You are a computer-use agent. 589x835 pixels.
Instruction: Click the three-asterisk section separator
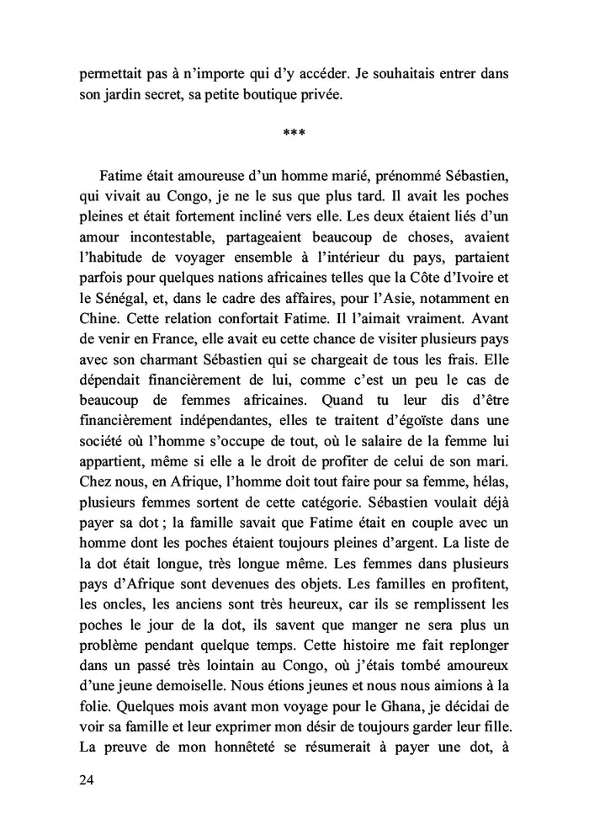294,133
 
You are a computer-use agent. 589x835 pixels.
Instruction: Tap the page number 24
86,780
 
